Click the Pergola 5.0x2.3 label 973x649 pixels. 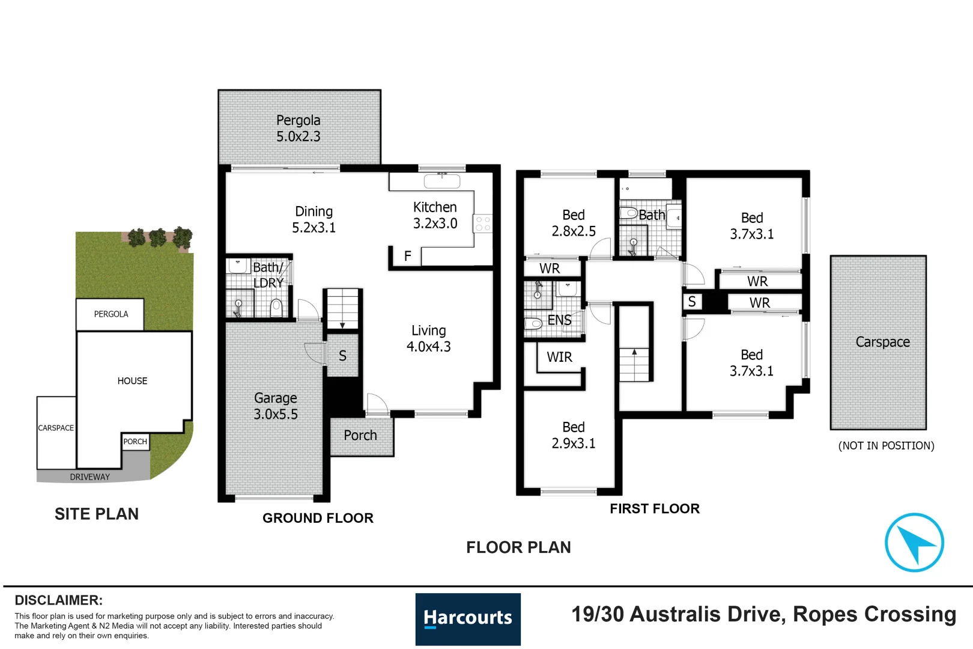[x=299, y=129]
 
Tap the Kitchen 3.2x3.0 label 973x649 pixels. [x=435, y=215]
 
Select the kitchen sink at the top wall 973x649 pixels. [x=441, y=180]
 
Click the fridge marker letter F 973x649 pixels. [x=408, y=257]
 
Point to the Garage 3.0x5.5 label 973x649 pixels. [x=275, y=406]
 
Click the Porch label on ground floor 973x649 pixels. [x=360, y=436]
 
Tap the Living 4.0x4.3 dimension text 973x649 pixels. [x=428, y=347]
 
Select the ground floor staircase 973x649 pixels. [x=342, y=308]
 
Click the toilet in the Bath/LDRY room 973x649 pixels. [x=276, y=308]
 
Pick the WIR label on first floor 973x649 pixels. [x=559, y=358]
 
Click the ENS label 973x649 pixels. [x=559, y=320]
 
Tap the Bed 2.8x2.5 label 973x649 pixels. [x=574, y=223]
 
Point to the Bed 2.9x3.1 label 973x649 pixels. [x=574, y=436]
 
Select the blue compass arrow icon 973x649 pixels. [x=914, y=543]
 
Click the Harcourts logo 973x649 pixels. [x=468, y=618]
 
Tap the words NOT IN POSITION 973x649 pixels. [x=886, y=446]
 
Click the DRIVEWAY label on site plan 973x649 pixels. [x=90, y=477]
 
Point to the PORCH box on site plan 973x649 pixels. [x=135, y=442]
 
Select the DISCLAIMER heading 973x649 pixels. [x=59, y=600]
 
